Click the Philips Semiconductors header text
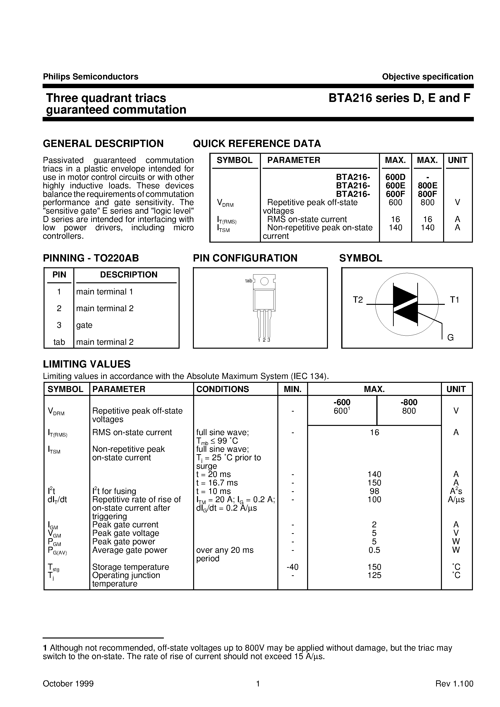[91, 77]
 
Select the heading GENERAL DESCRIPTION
[103, 144]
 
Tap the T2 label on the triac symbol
[358, 300]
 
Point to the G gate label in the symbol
[450, 338]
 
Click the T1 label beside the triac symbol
[455, 300]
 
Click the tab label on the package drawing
[249, 281]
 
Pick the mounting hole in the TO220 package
[264, 281]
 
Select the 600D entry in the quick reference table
[395, 177]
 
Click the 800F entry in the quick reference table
[427, 194]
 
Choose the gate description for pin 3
[84, 325]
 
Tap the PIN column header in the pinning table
[59, 275]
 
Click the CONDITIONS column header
[222, 389]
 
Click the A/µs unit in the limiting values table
[456, 500]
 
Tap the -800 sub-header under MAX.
[409, 402]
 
